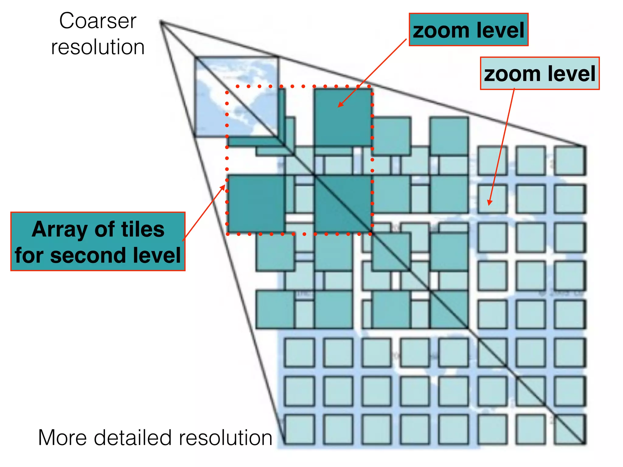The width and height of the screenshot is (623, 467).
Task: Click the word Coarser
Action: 98,21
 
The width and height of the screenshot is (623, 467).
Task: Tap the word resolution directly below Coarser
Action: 98,47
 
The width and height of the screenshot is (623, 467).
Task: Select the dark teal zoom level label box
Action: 468,30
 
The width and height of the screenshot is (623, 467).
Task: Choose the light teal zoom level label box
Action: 540,73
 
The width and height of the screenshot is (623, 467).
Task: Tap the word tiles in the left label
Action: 143,229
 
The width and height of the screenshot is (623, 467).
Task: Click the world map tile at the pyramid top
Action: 236,97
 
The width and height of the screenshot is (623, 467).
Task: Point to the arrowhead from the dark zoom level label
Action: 339,106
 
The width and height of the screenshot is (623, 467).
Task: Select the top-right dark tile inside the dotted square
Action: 343,117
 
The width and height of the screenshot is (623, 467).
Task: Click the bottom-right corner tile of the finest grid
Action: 569,429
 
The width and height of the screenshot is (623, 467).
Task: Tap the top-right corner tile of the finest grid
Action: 569,161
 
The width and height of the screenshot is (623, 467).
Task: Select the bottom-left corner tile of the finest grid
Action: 300,429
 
